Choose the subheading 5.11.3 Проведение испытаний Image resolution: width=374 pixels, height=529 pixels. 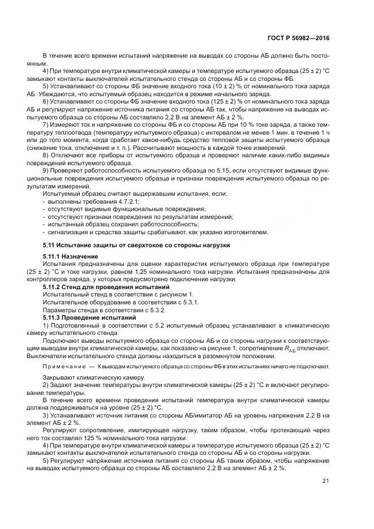(89, 317)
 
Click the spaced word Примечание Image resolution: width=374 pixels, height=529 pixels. (65, 366)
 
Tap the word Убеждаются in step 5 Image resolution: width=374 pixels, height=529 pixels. (59, 94)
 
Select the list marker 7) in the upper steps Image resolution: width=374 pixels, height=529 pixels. (46, 123)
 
